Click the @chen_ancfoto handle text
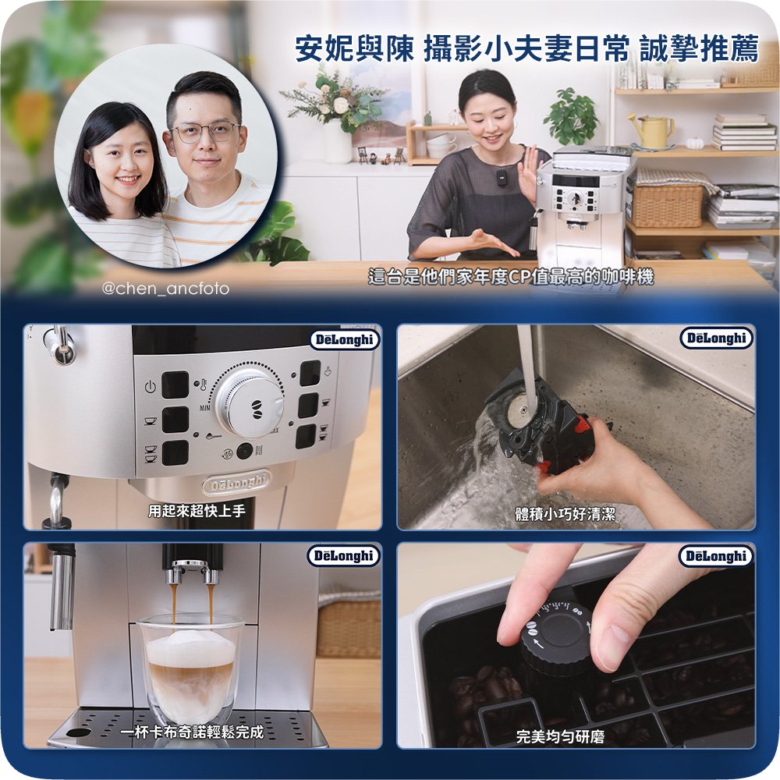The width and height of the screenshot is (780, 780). point(165,289)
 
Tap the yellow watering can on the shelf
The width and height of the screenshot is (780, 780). point(651,129)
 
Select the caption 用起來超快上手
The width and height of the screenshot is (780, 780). point(197,510)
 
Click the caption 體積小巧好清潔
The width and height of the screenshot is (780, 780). point(565,513)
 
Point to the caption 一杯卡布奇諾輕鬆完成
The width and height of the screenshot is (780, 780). point(192,732)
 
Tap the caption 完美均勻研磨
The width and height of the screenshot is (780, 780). point(560,737)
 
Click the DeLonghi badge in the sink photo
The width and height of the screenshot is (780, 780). point(716,339)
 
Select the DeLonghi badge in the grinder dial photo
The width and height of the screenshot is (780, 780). point(716,555)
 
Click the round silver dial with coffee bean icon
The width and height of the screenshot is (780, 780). point(251,402)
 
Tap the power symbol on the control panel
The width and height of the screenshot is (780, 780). point(151,387)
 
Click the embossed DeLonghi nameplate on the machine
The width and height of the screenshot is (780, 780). point(237,483)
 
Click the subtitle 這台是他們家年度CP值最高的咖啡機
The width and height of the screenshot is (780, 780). point(511,277)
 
